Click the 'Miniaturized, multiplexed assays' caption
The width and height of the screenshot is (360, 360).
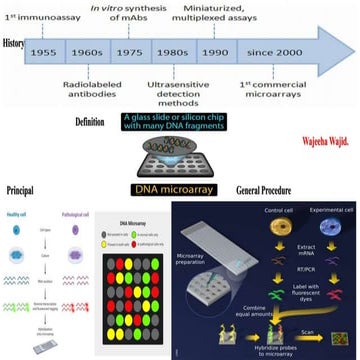pyautogui.click(x=239, y=13)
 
